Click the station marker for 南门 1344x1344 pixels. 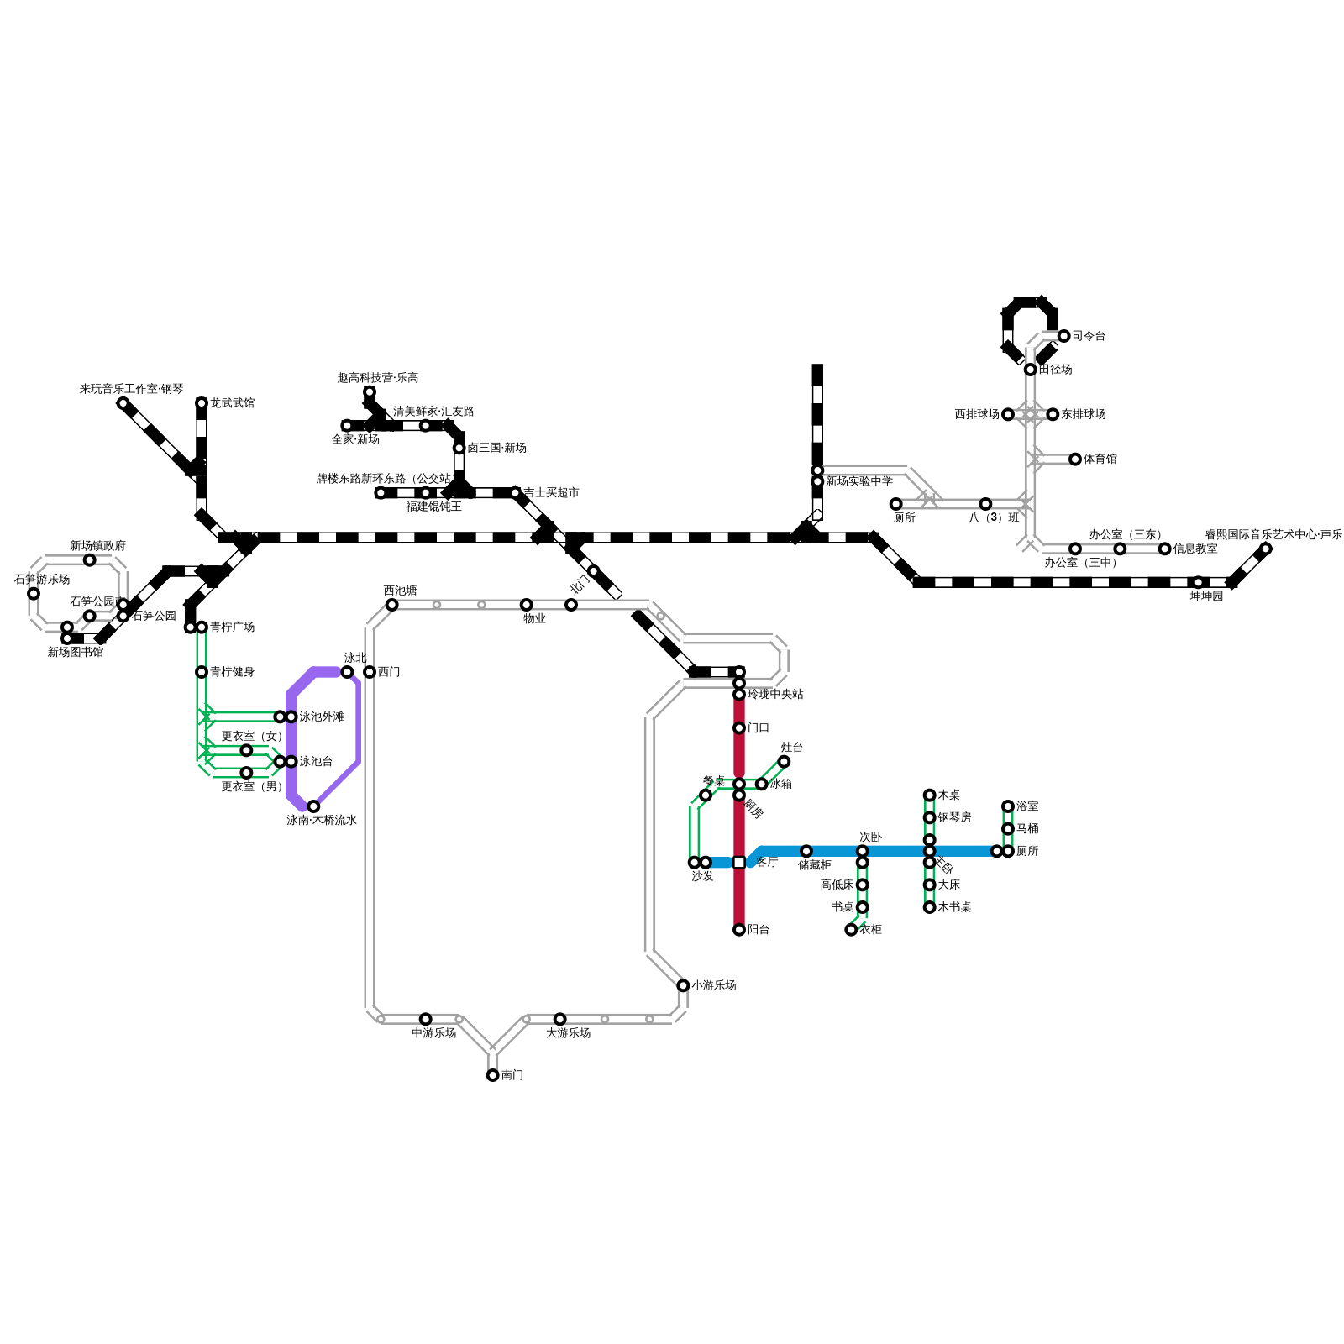click(492, 1075)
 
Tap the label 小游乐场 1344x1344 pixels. click(713, 985)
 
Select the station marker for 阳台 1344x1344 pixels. click(739, 930)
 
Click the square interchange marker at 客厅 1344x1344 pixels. click(739, 863)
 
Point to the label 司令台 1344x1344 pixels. click(1089, 336)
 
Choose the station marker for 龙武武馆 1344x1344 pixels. click(202, 403)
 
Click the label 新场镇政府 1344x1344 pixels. click(97, 546)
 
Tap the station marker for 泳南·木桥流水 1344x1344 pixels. click(313, 806)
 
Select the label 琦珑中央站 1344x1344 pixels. click(775, 695)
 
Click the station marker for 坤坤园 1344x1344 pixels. click(1199, 582)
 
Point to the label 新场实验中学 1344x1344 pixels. click(858, 482)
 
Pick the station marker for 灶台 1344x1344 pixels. click(784, 762)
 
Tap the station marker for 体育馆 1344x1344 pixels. click(1075, 459)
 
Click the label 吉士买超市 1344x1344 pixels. click(551, 493)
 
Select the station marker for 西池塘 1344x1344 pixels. click(391, 605)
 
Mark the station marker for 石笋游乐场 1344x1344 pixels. click(34, 594)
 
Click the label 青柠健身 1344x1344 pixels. click(232, 672)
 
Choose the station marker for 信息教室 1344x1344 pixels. click(1165, 549)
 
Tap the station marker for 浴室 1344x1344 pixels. click(1008, 806)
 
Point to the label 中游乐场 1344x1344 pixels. click(433, 1033)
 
